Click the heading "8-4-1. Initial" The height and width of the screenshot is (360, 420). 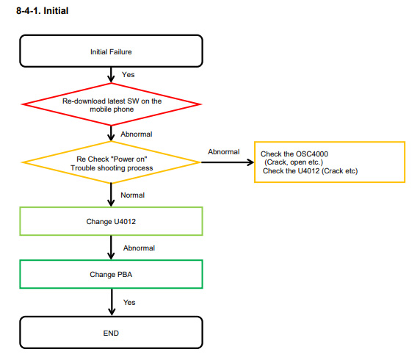point(43,11)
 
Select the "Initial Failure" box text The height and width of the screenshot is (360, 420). point(111,51)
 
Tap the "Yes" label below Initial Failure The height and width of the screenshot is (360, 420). point(128,74)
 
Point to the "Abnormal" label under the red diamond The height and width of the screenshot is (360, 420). point(137,134)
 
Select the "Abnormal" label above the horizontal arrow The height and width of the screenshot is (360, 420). point(224,152)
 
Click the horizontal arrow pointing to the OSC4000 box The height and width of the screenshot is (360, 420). point(228,162)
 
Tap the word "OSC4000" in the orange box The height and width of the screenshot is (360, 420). point(312,154)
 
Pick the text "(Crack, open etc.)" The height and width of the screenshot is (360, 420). point(294,162)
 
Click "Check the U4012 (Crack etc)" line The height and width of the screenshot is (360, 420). point(310,170)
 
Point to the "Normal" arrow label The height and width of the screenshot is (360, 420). point(133,195)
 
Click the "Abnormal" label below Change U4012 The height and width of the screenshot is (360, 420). point(139,248)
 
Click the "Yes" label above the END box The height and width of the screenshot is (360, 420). point(129,303)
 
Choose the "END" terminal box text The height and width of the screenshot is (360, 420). point(111,333)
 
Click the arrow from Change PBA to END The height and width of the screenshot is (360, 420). point(112,302)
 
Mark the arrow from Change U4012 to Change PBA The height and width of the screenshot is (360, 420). point(111,248)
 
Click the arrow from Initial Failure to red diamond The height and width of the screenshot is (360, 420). point(111,75)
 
